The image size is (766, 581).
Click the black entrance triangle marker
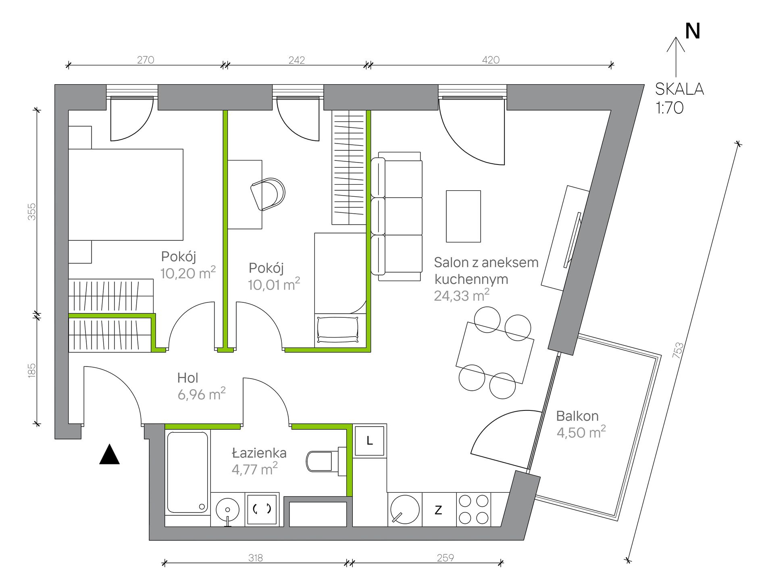pyautogui.click(x=109, y=454)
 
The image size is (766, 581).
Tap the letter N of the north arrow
pyautogui.click(x=693, y=31)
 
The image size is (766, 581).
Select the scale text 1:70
pyautogui.click(x=670, y=108)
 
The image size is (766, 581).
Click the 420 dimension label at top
pyautogui.click(x=491, y=60)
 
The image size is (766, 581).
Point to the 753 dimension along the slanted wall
pyautogui.click(x=678, y=350)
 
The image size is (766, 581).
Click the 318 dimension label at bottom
pyautogui.click(x=256, y=558)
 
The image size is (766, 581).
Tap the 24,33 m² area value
pyautogui.click(x=462, y=295)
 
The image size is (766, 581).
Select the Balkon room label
pyautogui.click(x=577, y=416)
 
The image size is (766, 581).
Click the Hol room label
pyautogui.click(x=187, y=378)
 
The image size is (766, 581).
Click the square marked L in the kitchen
pyautogui.click(x=369, y=441)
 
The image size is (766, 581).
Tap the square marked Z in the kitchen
pyautogui.click(x=439, y=510)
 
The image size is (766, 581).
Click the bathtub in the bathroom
pyautogui.click(x=187, y=472)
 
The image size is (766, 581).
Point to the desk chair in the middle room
pyautogui.click(x=268, y=194)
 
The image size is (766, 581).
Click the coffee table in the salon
pyautogui.click(x=463, y=216)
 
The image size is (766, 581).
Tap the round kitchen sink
pyautogui.click(x=405, y=510)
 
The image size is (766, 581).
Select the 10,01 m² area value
pyautogui.click(x=274, y=284)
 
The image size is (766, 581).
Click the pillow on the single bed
pyautogui.click(x=338, y=329)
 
